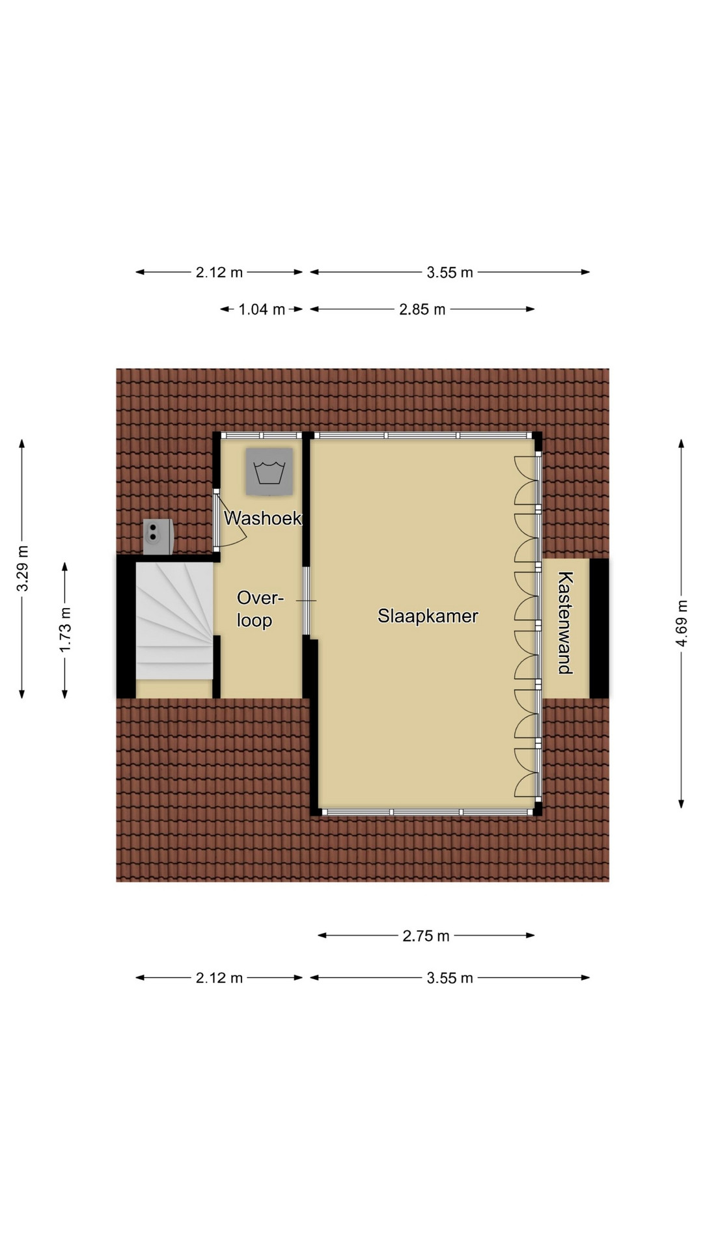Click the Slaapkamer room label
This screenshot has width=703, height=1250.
[428, 616]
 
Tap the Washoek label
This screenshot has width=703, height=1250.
[263, 518]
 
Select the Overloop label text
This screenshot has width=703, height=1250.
[260, 609]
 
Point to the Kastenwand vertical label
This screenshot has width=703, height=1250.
[565, 622]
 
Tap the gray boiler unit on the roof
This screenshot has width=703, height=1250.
[159, 536]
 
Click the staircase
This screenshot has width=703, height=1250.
[174, 621]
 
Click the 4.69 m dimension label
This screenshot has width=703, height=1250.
[682, 623]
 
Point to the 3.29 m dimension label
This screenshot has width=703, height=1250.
[22, 568]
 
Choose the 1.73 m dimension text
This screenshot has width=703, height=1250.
[65, 630]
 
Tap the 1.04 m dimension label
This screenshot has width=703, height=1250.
[262, 309]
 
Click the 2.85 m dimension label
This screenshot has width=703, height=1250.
[422, 309]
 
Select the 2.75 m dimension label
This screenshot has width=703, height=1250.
[426, 936]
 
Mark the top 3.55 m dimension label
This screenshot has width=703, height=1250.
[450, 272]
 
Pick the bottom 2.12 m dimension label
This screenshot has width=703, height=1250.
[219, 977]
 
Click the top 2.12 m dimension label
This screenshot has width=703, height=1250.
[219, 272]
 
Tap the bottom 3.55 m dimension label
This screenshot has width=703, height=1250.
[450, 977]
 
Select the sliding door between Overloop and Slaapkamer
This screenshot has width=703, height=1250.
[306, 600]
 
